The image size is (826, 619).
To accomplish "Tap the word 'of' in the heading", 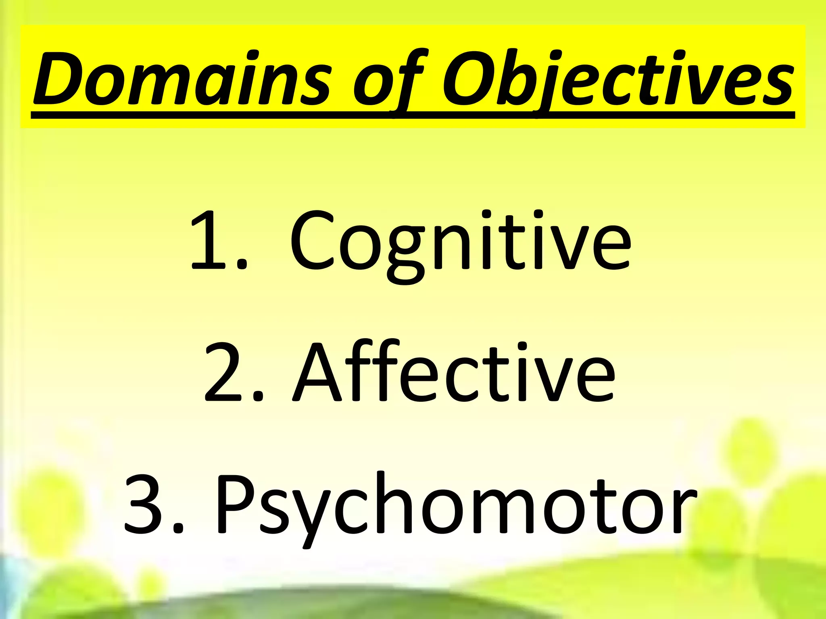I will pos(387,79).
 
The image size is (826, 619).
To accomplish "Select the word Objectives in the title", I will pos(617,79).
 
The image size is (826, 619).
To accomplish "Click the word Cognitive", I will pos(460,242).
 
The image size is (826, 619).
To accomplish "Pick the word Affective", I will pos(454,373).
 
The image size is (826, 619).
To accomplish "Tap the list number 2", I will pos(224,373).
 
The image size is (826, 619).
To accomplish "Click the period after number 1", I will pos(241,264).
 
